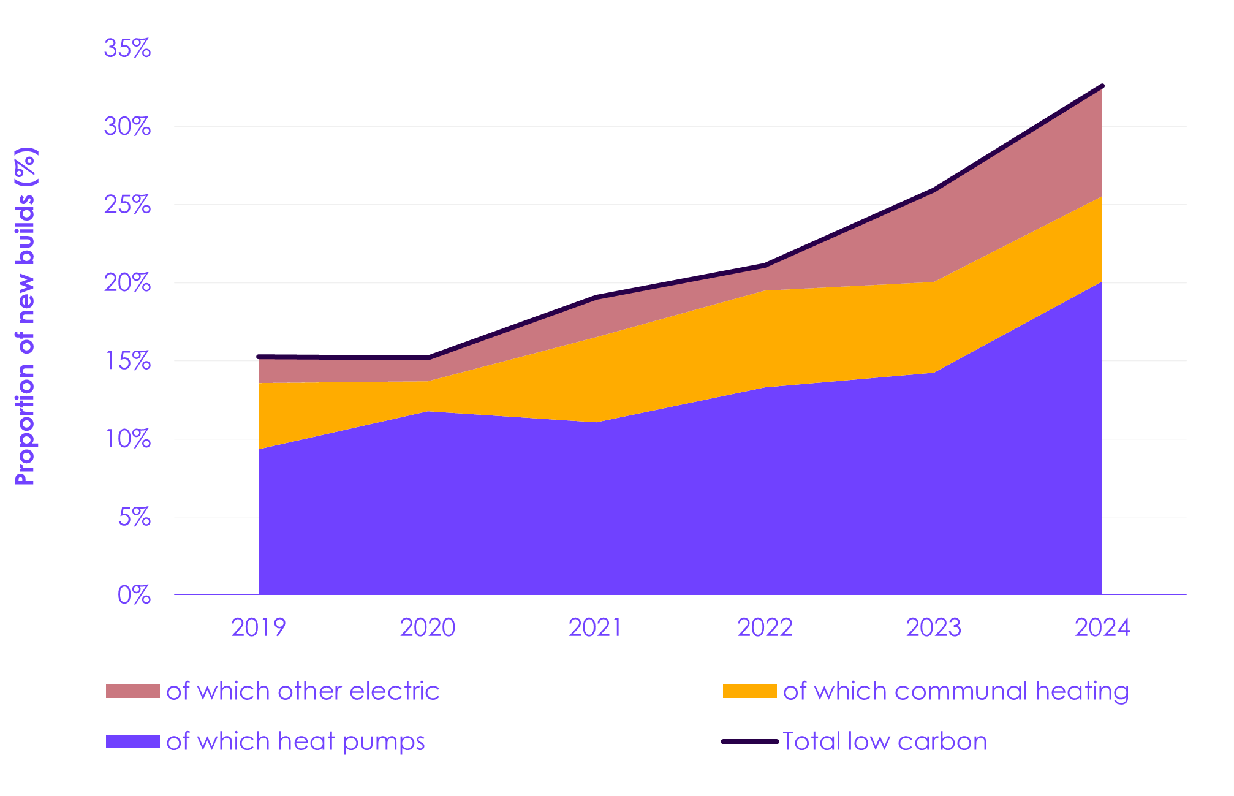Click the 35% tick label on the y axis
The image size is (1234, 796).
click(127, 48)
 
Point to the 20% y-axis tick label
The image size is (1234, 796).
click(127, 283)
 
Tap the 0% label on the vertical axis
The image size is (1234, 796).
click(134, 595)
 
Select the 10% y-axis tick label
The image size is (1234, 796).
click(127, 439)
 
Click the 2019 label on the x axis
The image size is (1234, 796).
click(259, 627)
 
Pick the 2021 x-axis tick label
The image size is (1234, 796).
click(596, 627)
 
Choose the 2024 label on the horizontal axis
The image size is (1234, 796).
click(1102, 627)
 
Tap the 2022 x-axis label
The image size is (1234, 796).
click(765, 627)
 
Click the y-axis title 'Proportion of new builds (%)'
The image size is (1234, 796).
click(26, 316)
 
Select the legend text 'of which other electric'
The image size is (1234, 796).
click(303, 691)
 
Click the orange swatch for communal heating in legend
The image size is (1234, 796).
click(749, 691)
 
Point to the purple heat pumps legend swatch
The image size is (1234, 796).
click(132, 741)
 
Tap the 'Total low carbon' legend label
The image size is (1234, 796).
click(885, 741)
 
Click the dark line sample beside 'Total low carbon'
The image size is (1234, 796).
click(749, 741)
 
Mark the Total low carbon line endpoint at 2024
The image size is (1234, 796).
click(1102, 86)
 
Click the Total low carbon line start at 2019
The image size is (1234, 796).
click(259, 357)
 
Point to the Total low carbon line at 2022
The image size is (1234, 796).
click(765, 265)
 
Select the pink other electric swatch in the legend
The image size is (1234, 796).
click(132, 691)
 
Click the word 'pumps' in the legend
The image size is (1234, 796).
click(384, 743)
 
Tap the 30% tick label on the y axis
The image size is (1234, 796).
click(127, 127)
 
